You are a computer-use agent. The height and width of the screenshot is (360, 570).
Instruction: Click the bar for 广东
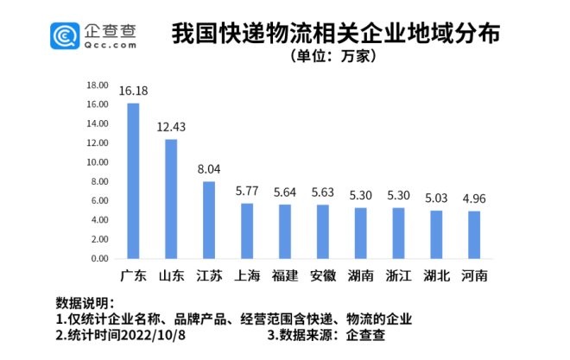point(133,180)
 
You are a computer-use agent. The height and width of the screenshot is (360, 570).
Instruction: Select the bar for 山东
point(171,199)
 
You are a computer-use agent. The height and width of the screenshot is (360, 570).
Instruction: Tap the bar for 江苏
point(209,219)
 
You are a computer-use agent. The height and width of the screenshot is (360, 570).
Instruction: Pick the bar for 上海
point(247,231)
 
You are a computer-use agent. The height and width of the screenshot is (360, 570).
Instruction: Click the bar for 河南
point(474,235)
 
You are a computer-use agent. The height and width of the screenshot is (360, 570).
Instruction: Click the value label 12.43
point(171,127)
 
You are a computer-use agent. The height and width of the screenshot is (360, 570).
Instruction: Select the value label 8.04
point(209,169)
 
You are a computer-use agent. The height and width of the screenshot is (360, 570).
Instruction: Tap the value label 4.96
point(474,199)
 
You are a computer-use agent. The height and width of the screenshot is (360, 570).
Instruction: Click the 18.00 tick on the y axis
point(97,85)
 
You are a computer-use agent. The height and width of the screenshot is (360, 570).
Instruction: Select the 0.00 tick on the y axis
point(98,258)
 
